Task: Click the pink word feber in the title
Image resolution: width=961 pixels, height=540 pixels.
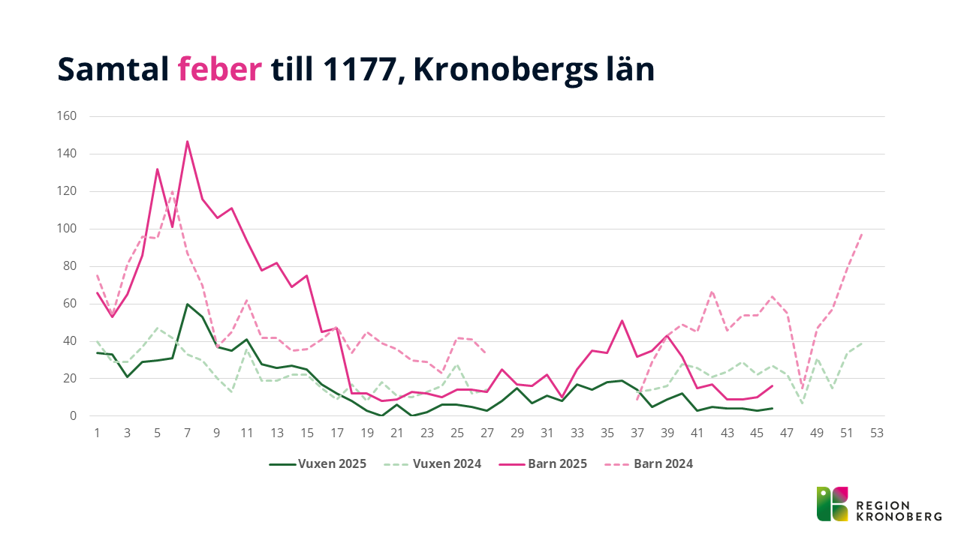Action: (219, 70)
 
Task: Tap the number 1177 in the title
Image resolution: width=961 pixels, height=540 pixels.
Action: (360, 70)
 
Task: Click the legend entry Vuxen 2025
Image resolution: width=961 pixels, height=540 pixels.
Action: (318, 463)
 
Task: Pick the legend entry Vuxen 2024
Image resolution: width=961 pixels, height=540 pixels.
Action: (438, 463)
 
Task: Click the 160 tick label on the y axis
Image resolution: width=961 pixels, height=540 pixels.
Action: (67, 116)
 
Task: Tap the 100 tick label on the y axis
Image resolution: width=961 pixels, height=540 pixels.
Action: (67, 229)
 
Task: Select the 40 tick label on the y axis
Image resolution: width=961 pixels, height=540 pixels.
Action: (70, 341)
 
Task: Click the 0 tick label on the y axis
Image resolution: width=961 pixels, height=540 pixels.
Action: (73, 416)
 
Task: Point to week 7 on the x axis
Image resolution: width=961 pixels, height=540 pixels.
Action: (187, 433)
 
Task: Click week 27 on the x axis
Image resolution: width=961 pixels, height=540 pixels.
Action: (487, 433)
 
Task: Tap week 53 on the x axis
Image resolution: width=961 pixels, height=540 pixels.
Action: (877, 433)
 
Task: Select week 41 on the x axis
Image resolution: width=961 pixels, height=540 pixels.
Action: (697, 433)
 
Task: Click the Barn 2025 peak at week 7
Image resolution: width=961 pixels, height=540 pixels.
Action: (187, 141)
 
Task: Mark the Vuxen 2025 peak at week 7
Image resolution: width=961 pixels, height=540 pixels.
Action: (187, 304)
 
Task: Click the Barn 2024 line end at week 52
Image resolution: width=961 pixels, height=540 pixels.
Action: (862, 233)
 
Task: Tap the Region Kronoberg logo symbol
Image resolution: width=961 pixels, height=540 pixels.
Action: (833, 504)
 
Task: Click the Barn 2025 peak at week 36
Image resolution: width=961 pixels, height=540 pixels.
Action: (622, 320)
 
